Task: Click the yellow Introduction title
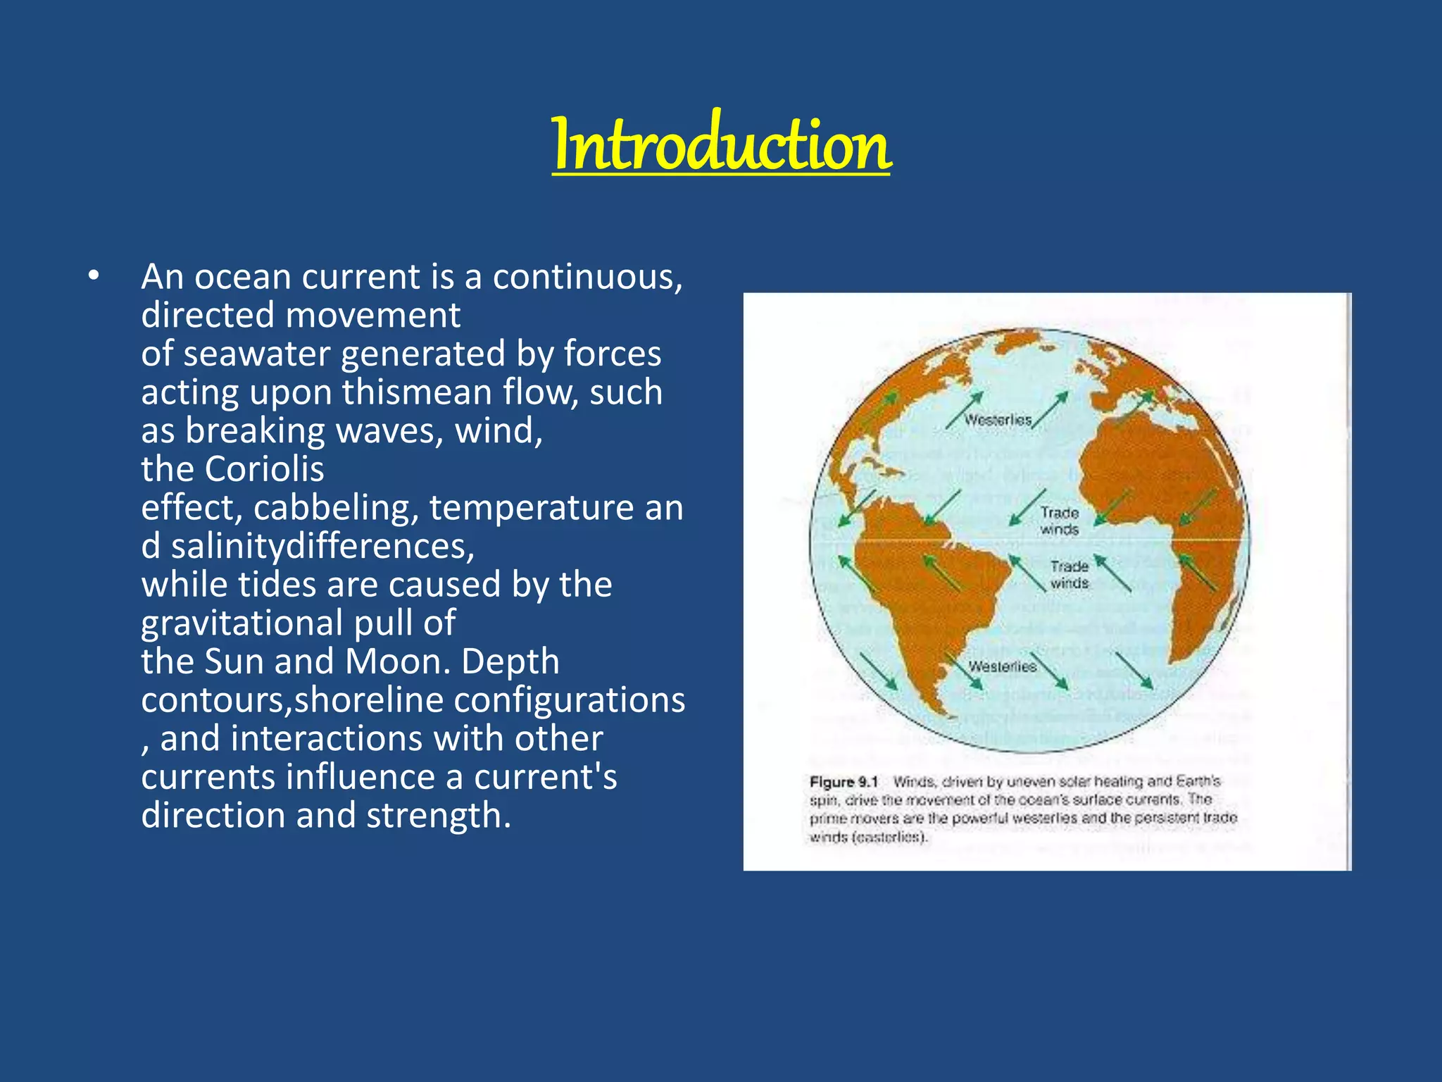pyautogui.click(x=721, y=144)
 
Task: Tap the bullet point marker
pyautogui.click(x=94, y=277)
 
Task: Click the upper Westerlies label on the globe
pyautogui.click(x=997, y=420)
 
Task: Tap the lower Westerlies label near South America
pyautogui.click(x=1002, y=666)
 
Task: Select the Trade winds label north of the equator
pyautogui.click(x=1059, y=521)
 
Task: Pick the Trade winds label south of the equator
pyautogui.click(x=1069, y=575)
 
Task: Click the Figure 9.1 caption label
pyautogui.click(x=844, y=782)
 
